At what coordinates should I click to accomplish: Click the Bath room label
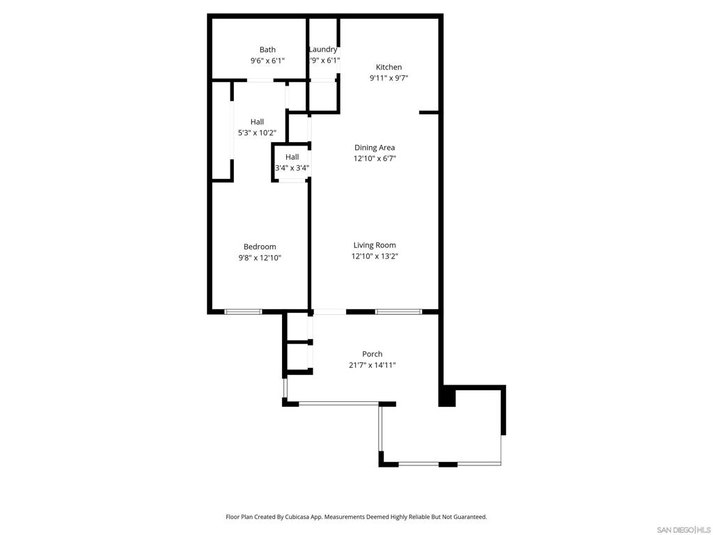(267, 49)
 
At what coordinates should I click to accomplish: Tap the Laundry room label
(323, 49)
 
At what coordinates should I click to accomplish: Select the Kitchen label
(389, 68)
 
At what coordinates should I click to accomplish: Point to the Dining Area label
(375, 148)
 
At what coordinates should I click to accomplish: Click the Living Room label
(375, 246)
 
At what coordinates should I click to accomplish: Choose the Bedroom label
(260, 247)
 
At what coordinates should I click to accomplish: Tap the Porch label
(372, 354)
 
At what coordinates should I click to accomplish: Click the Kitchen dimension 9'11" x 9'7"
(389, 78)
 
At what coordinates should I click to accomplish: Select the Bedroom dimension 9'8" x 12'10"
(260, 258)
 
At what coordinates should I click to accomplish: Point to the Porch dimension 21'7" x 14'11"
(372, 365)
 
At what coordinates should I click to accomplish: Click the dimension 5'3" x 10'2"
(257, 133)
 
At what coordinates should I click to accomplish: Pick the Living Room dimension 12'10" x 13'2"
(375, 256)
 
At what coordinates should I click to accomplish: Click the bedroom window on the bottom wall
(243, 312)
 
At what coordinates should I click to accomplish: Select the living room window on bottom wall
(398, 312)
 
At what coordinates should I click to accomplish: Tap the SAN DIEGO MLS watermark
(684, 530)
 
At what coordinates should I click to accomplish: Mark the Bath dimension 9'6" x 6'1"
(267, 61)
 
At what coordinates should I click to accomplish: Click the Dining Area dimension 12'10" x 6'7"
(375, 159)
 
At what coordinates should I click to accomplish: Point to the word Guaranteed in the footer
(471, 518)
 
